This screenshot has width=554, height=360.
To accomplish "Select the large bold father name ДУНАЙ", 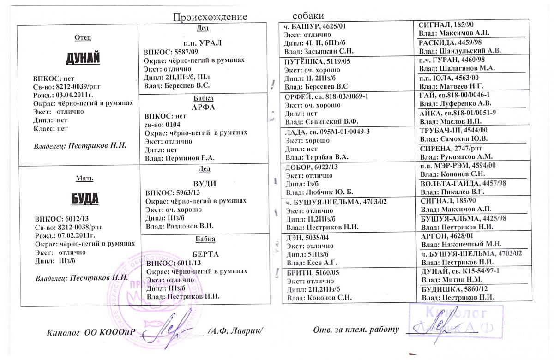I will click(84, 59).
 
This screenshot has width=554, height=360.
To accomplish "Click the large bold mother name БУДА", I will click(85, 199).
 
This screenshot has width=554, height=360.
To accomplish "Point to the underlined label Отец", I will click(83, 37).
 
